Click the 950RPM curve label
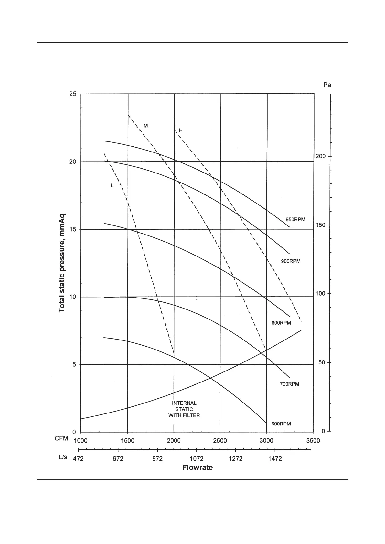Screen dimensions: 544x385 point(295,220)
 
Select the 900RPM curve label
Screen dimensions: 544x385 point(291,261)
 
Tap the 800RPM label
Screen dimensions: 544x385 point(281,323)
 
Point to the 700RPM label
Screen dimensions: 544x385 point(289,384)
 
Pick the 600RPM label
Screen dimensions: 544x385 point(281,424)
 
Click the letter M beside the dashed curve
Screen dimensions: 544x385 point(146,126)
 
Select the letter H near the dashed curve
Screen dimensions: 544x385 point(181,131)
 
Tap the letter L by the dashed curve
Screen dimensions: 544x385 point(112,186)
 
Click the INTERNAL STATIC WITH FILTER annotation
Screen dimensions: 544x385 point(184,409)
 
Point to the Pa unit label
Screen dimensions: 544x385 point(327,85)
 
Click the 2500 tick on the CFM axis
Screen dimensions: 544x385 point(220,441)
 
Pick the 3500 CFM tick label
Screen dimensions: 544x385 point(313,441)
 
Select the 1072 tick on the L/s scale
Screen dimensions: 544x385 point(196,459)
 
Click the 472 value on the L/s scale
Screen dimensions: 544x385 point(78,459)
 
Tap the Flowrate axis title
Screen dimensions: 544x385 point(198,468)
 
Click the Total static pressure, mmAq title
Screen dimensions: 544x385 point(62,263)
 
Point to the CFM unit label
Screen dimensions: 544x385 point(61,439)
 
